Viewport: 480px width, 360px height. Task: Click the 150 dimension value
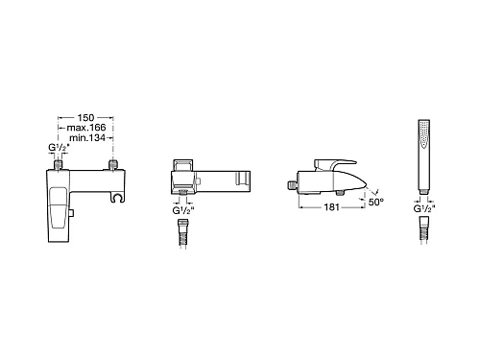pyautogui.click(x=85, y=118)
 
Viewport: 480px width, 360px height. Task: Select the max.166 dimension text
pyautogui.click(x=86, y=128)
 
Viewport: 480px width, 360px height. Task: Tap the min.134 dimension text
pyautogui.click(x=87, y=138)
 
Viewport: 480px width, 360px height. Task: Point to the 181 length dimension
pyautogui.click(x=331, y=207)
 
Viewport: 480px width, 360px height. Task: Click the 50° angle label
pyautogui.click(x=376, y=202)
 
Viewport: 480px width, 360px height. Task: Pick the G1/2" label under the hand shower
pyautogui.click(x=424, y=209)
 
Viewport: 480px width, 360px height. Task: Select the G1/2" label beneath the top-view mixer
pyautogui.click(x=183, y=210)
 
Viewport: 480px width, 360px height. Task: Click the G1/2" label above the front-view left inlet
pyautogui.click(x=59, y=148)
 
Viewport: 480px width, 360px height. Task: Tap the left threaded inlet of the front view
pyautogui.click(x=58, y=164)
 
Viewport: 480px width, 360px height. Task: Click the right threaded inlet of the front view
pyautogui.click(x=113, y=164)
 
